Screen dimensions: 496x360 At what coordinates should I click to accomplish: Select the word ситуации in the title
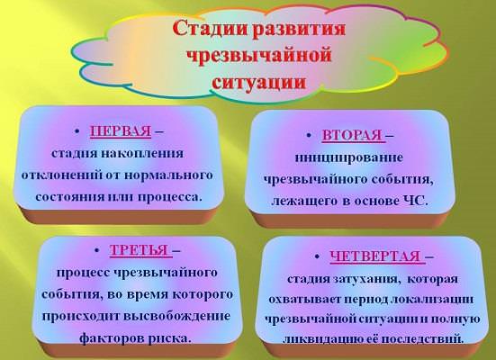tap(259, 82)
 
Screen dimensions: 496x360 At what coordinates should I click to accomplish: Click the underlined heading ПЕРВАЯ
tap(121, 131)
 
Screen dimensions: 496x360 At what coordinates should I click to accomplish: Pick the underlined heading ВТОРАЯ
tap(354, 135)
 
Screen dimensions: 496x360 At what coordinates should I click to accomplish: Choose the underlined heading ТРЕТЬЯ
tap(141, 250)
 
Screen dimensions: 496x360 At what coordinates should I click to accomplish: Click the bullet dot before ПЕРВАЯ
tap(77, 131)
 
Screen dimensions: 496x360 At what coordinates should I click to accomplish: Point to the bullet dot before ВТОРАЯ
tap(309, 135)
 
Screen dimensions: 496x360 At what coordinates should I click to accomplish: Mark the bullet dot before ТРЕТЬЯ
tap(97, 250)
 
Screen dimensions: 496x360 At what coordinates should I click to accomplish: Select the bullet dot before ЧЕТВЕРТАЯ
tap(317, 256)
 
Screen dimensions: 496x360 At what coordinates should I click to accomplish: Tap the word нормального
tap(168, 175)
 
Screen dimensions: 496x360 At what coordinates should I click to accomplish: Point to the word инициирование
tap(349, 157)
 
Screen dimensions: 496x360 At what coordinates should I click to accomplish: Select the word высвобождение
tap(176, 316)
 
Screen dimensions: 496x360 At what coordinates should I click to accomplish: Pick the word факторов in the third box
tap(112, 338)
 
